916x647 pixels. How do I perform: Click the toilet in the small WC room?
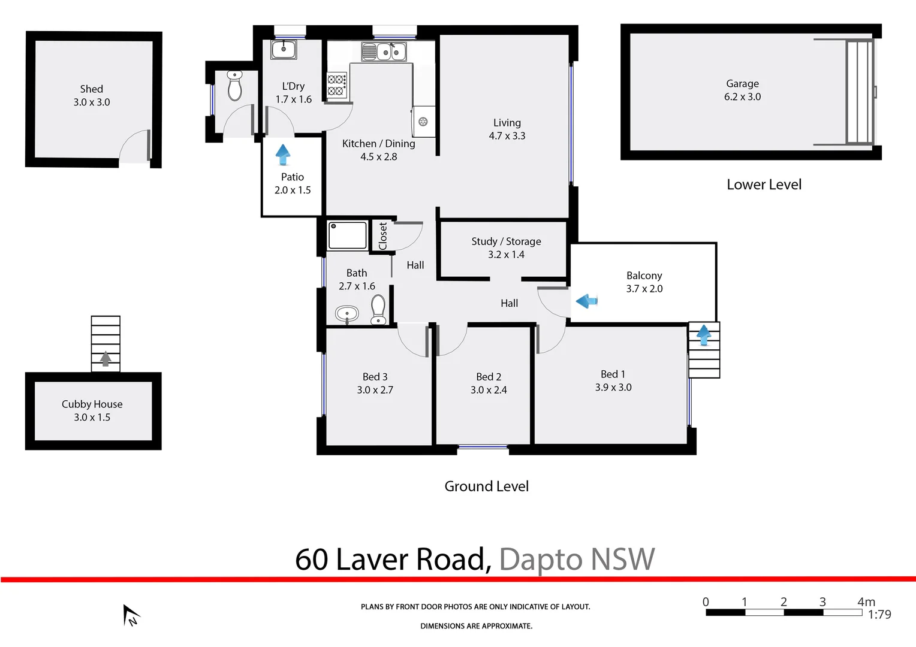click(x=235, y=86)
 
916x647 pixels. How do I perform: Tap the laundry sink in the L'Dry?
click(x=284, y=49)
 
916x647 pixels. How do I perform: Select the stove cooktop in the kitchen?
click(x=336, y=85)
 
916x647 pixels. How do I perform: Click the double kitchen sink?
click(x=384, y=52)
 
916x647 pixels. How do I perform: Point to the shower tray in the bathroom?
click(x=347, y=235)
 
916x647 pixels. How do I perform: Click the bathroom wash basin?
click(x=346, y=313)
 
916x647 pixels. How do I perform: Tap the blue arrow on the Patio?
click(x=283, y=155)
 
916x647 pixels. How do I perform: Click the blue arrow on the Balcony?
click(x=587, y=301)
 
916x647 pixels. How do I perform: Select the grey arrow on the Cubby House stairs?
click(x=106, y=358)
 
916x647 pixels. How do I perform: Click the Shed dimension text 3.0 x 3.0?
click(x=92, y=102)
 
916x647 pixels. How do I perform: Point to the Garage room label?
click(x=742, y=84)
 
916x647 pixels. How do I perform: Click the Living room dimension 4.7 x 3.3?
click(x=507, y=136)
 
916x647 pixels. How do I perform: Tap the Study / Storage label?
click(x=506, y=241)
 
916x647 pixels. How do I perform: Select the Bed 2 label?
click(x=489, y=377)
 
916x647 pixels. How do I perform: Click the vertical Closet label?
click(x=383, y=236)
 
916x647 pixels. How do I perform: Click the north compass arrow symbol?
click(x=130, y=615)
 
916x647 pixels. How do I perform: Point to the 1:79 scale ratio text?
click(x=879, y=615)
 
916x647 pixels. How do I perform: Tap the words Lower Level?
click(x=764, y=185)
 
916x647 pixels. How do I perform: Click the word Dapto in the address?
click(x=540, y=560)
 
